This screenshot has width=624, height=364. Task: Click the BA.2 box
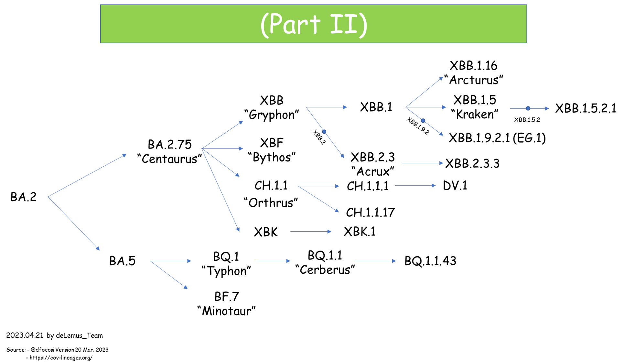[24, 197]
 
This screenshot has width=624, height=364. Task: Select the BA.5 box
[122, 261]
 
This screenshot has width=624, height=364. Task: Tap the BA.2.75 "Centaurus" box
[169, 151]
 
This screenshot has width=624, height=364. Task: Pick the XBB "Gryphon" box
[272, 107]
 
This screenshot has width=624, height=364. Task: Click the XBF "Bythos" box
[272, 150]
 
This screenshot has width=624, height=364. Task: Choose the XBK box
[265, 232]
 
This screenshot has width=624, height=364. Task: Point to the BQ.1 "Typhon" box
[226, 264]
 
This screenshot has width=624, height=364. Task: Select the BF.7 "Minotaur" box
[226, 303]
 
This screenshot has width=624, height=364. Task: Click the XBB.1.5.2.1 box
[585, 108]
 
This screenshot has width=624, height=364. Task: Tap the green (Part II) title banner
[313, 24]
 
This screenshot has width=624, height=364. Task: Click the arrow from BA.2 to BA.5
[74, 223]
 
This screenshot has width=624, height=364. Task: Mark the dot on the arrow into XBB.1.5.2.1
[528, 108]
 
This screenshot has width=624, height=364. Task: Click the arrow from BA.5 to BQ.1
[171, 261]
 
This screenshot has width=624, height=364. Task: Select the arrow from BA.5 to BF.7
[169, 275]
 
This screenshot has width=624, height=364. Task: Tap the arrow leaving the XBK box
[310, 232]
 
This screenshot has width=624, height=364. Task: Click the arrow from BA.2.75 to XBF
[223, 149]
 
